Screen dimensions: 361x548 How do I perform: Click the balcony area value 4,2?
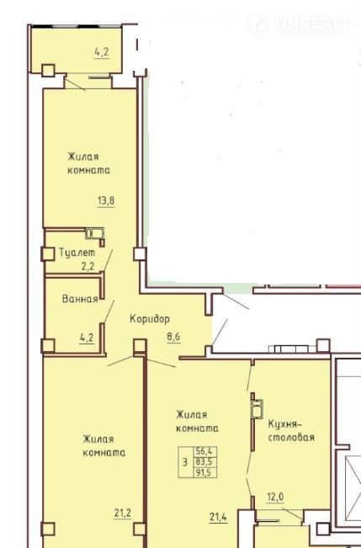(x=102, y=52)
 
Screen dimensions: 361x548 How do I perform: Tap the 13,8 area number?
(x=106, y=201)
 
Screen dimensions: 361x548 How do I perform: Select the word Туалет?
(x=77, y=253)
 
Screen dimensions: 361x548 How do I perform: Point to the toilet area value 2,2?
(x=88, y=267)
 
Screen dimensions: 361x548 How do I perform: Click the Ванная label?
(x=80, y=299)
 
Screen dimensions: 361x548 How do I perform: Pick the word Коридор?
(x=150, y=319)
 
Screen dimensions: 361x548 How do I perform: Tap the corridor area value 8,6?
(x=173, y=338)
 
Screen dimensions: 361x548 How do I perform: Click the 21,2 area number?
(x=123, y=513)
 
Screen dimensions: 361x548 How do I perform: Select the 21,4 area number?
(x=219, y=517)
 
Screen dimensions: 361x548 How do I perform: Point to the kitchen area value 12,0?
(x=275, y=497)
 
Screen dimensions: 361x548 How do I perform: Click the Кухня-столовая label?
(x=291, y=431)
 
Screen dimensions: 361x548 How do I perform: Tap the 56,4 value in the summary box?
(x=206, y=451)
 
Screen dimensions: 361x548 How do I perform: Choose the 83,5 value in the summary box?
(x=206, y=462)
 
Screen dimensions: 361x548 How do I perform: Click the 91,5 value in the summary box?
(x=206, y=473)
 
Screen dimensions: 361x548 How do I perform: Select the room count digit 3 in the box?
(x=185, y=462)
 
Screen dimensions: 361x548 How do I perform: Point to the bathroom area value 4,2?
(x=87, y=338)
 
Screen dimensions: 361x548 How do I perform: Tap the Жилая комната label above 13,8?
(x=88, y=163)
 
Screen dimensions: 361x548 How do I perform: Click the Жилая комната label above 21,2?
(x=104, y=445)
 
